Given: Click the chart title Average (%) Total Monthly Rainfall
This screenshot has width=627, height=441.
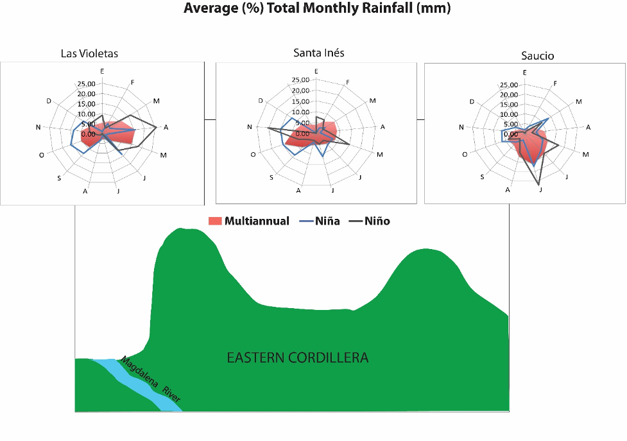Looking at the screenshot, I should click(317, 9).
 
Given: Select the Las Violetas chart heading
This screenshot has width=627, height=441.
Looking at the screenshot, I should click(89, 53).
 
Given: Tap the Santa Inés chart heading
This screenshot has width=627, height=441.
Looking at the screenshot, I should click(318, 53).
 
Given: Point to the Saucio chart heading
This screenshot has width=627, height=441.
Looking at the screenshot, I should click(537, 56).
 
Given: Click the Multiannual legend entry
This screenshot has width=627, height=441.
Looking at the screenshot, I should click(250, 221).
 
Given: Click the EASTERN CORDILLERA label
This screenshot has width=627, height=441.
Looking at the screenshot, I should click(298, 358).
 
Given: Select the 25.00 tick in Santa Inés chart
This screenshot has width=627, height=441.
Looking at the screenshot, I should click(300, 80).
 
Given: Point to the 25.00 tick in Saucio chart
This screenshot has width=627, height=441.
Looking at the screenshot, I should click(508, 85).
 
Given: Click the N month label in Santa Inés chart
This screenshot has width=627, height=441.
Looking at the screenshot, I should click(249, 127).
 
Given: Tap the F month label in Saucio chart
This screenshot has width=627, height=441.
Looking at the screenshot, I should click(555, 83).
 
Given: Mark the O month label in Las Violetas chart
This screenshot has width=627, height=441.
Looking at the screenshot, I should click(42, 155).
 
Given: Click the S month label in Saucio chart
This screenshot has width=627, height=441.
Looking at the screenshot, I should click(482, 177).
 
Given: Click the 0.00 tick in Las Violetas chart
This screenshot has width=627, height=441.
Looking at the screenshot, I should click(89, 134).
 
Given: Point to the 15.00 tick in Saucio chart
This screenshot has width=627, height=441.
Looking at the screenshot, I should click(508, 105).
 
